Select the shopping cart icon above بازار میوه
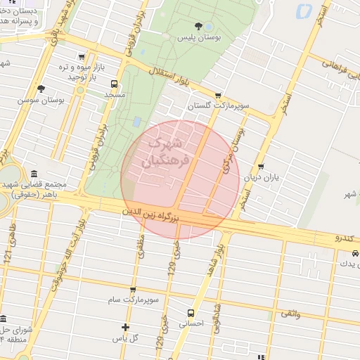[82, 57]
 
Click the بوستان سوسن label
[41, 100]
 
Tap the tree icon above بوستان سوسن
[41, 89]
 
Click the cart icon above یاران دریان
[261, 167]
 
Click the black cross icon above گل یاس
[125, 327]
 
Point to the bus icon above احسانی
[191, 313]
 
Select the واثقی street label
[289, 313]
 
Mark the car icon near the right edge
[356, 252]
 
